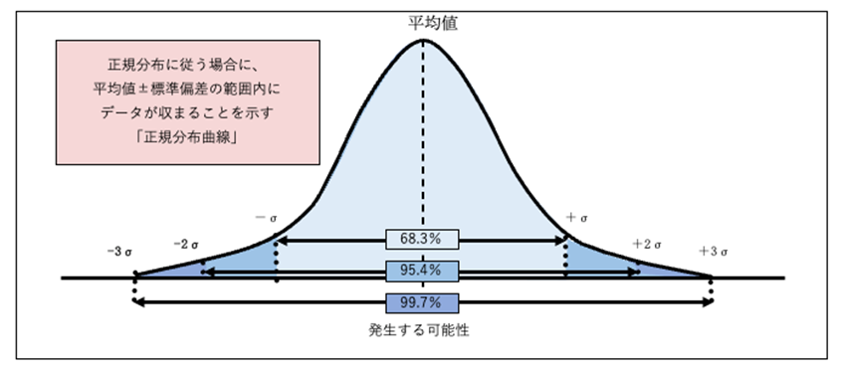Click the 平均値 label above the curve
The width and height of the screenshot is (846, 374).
click(x=423, y=20)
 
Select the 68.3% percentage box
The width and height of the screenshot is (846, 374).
click(x=423, y=240)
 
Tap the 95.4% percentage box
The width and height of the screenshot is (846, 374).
click(x=423, y=271)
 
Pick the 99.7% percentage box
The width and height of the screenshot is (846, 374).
click(x=423, y=301)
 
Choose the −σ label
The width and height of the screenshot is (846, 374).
click(x=265, y=216)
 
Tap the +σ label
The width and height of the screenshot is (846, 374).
click(x=578, y=217)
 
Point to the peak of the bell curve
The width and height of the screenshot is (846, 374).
click(x=423, y=40)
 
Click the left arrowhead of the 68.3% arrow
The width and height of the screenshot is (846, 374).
click(x=281, y=240)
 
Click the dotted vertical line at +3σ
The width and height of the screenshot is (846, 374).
click(x=712, y=288)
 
